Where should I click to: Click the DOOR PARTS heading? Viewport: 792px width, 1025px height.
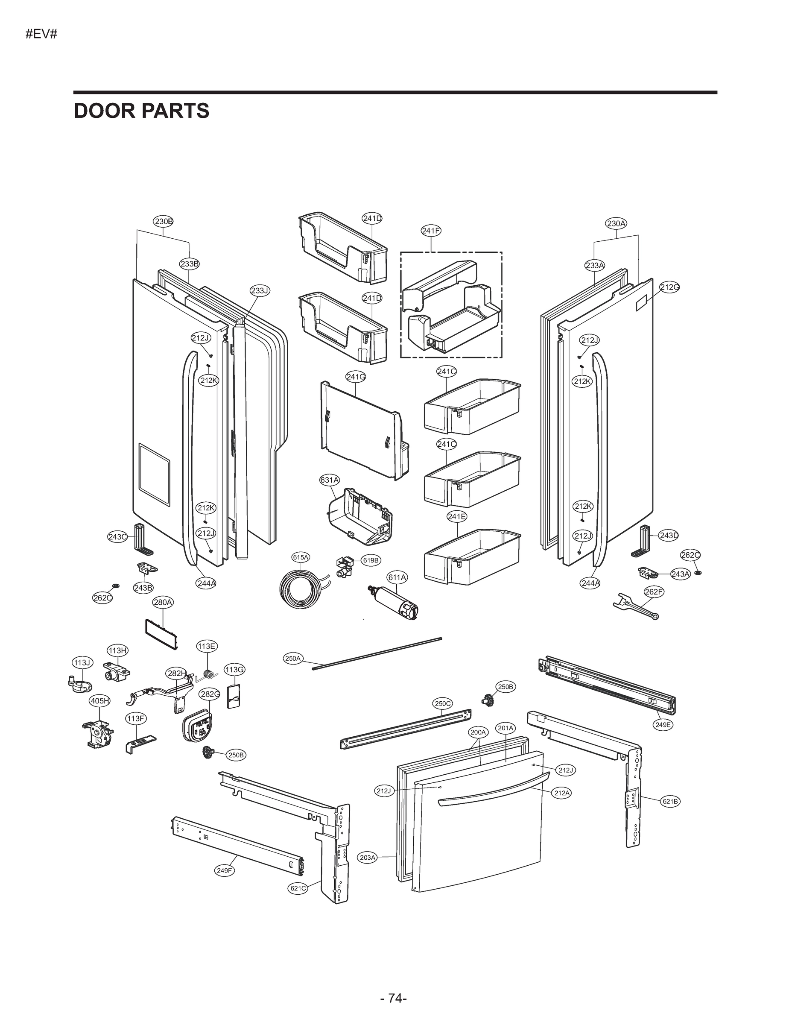click(x=141, y=111)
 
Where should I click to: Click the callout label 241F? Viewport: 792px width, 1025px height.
click(x=431, y=231)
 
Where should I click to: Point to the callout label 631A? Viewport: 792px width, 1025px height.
click(x=329, y=480)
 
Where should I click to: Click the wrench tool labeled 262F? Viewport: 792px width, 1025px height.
click(x=636, y=606)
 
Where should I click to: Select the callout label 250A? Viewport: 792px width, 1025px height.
click(x=293, y=659)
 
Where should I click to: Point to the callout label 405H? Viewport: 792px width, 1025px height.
click(x=100, y=701)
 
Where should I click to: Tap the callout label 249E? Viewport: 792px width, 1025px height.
click(x=663, y=725)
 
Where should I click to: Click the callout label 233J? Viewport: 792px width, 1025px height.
click(x=259, y=290)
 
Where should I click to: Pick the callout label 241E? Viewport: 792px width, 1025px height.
click(x=456, y=516)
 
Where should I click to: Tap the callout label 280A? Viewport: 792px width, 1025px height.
click(x=163, y=602)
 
